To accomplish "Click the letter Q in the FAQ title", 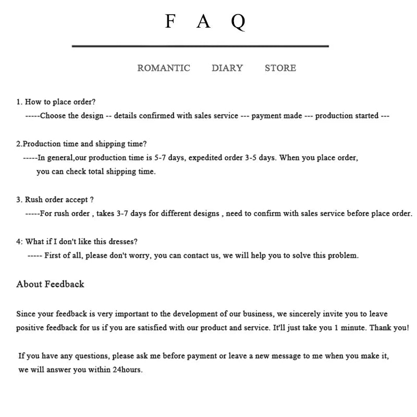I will point(238,22).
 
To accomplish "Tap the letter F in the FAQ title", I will point(170,21).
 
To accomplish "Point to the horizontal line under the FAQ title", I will point(200,46).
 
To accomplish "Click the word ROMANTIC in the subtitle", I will point(164,68).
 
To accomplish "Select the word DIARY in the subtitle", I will point(227,68).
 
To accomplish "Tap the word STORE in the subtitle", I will point(280,68).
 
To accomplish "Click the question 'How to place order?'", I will point(60,102).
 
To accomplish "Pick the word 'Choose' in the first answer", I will point(53,116).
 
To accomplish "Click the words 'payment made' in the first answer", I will point(277,116).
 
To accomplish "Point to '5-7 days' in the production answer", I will point(169,157).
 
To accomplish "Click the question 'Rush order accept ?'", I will point(59,200).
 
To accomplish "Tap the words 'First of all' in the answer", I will point(64,255).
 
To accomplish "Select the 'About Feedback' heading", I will point(50,284).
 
